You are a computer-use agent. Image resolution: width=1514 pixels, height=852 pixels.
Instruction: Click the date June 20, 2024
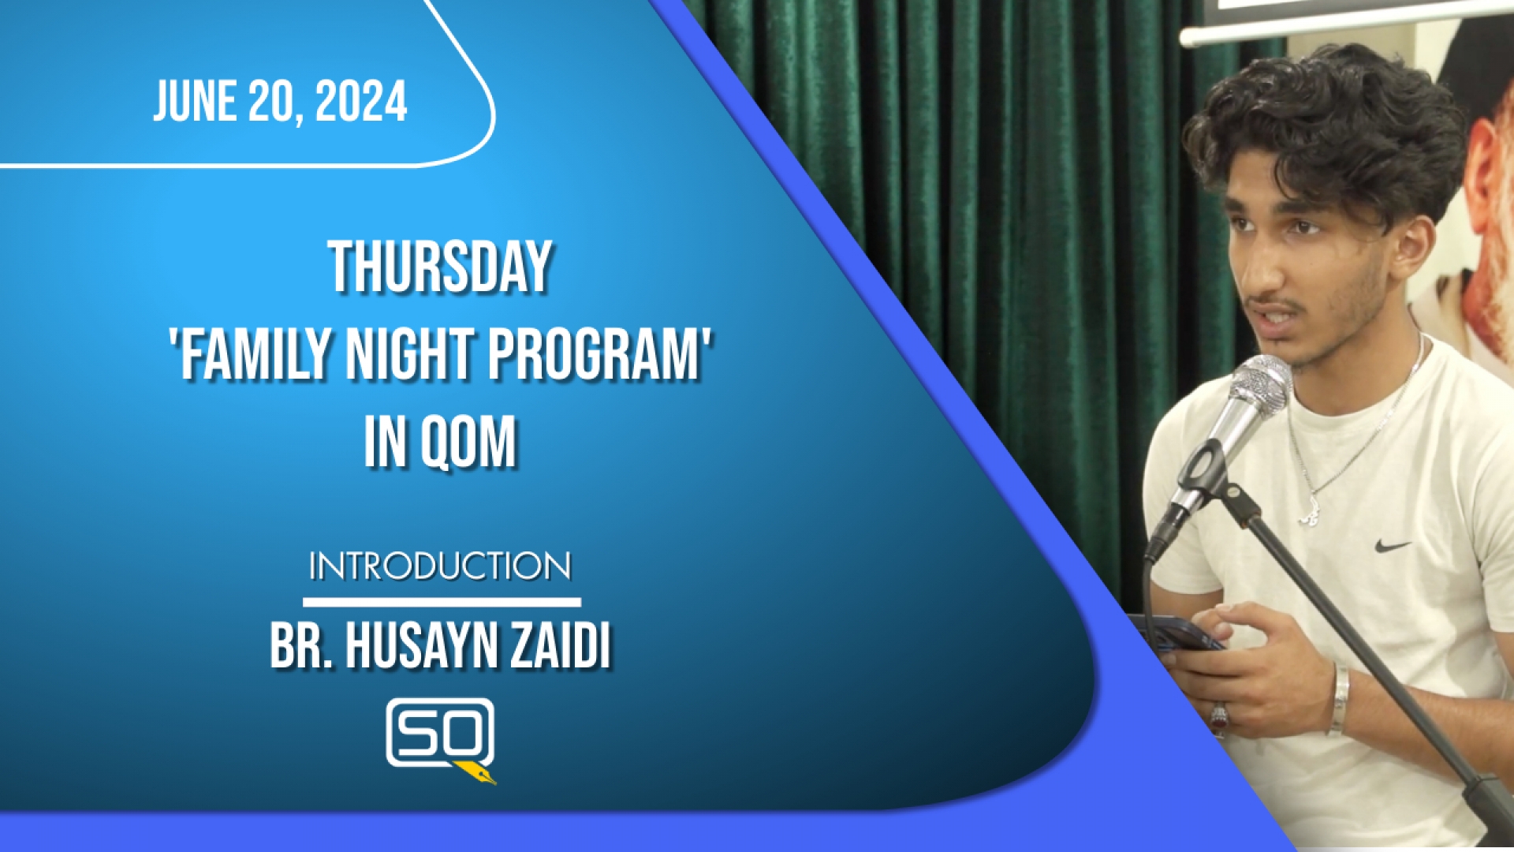coord(280,102)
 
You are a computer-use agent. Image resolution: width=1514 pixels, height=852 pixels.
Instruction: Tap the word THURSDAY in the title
coord(440,267)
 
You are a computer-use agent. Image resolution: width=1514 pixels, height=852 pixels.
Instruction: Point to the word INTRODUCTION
coord(440,566)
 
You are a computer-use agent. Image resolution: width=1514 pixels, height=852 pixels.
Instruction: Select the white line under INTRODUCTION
coord(442,602)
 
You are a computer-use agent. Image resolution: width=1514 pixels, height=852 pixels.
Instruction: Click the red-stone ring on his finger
coord(1219,717)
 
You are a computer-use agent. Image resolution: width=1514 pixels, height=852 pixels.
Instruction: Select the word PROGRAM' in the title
coord(599,354)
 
